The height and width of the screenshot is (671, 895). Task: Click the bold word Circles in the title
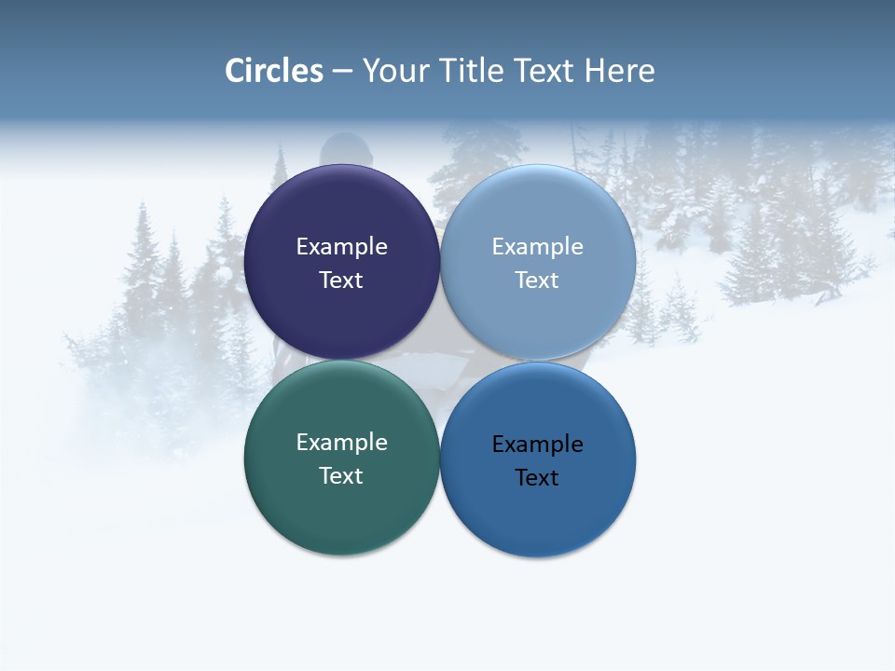point(274,71)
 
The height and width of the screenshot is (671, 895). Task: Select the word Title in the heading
point(473,71)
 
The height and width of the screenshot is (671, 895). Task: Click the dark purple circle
point(341,214)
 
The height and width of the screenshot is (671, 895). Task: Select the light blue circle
point(538,214)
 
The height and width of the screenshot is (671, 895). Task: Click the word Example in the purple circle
point(341,246)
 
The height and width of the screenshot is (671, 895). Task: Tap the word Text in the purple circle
point(341,280)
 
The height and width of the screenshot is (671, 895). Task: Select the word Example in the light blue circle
point(538,246)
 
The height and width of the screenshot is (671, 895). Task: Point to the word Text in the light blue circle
point(538,280)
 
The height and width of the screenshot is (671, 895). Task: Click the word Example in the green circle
point(341,442)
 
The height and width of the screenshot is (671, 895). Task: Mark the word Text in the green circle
point(341,475)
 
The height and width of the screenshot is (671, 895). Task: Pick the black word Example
point(538,444)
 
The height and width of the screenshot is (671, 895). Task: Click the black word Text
point(538,477)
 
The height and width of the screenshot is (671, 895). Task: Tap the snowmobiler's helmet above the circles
point(346,150)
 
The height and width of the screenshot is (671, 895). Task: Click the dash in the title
point(342,72)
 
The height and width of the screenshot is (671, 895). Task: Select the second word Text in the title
point(545,71)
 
